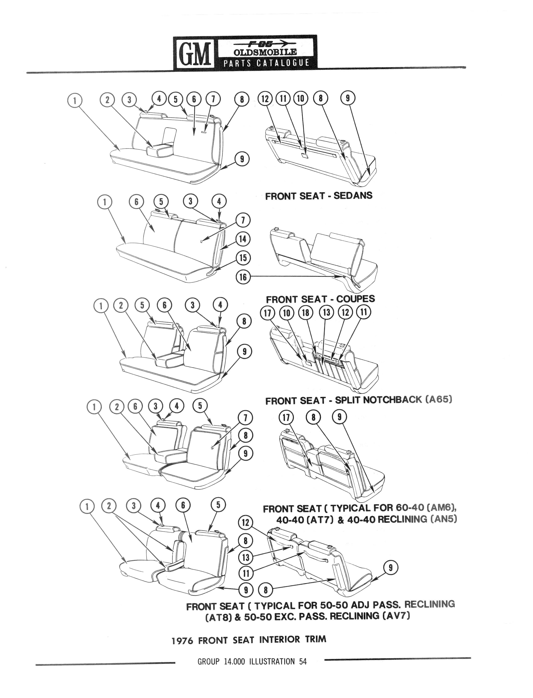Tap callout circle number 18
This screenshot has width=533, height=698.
pos(306,313)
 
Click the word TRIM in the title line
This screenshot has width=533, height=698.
pos(315,639)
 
